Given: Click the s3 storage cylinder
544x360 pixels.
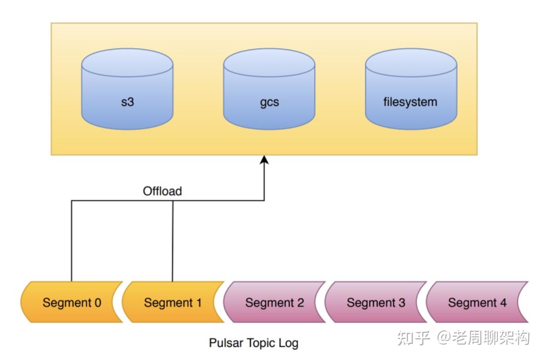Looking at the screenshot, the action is pos(127,89).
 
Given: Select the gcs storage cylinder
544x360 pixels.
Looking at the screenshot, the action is pos(269,89).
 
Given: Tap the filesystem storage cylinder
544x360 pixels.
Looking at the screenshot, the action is pos(411,89).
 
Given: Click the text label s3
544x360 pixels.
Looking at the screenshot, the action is pos(127,102).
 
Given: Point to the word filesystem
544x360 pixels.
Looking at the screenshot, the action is pos(410,102).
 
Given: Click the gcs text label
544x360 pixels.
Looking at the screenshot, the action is pos(269,103).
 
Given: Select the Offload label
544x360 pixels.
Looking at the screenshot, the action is pos(162,191).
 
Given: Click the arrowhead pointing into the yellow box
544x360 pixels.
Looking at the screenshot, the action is pos(264,160).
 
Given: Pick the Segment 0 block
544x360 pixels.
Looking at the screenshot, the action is pos(72,302).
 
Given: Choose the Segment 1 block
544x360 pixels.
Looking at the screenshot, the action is pos(173,302).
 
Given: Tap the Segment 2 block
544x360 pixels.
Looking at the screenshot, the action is pos(274,302).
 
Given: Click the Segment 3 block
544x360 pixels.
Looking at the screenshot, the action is pos(376,302).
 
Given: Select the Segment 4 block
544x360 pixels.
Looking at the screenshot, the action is pos(477,302).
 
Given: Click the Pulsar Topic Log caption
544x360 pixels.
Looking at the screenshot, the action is pos(254,343).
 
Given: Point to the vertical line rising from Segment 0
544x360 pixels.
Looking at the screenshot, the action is pos(72,241).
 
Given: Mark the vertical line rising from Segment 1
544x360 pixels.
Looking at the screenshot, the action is pos(173,241).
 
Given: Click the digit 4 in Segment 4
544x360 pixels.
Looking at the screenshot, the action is pos(503,303).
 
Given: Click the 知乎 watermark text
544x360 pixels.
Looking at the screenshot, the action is pos(413,338).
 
